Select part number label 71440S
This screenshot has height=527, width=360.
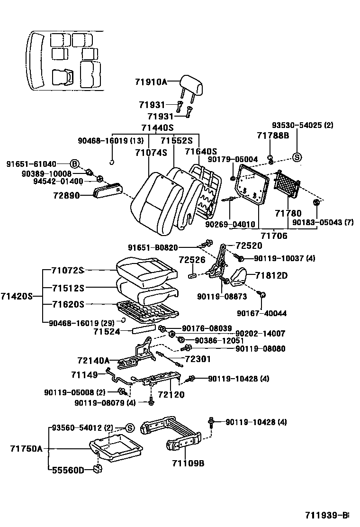tap(157, 128)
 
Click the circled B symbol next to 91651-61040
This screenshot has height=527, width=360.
tap(74, 164)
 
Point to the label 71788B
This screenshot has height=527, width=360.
tap(273, 136)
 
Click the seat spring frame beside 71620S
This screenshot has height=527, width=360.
tap(147, 310)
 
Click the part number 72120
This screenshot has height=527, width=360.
tap(171, 394)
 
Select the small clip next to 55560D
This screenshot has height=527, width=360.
tap(98, 469)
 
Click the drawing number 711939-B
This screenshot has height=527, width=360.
tap(326, 515)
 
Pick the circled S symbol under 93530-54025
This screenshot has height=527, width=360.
tap(297, 158)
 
